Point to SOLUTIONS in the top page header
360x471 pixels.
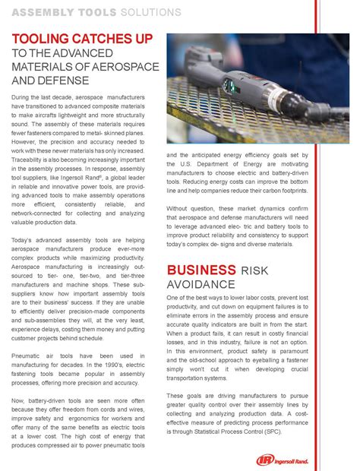click(x=153, y=13)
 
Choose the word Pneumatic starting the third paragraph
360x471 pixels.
click(x=30, y=334)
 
